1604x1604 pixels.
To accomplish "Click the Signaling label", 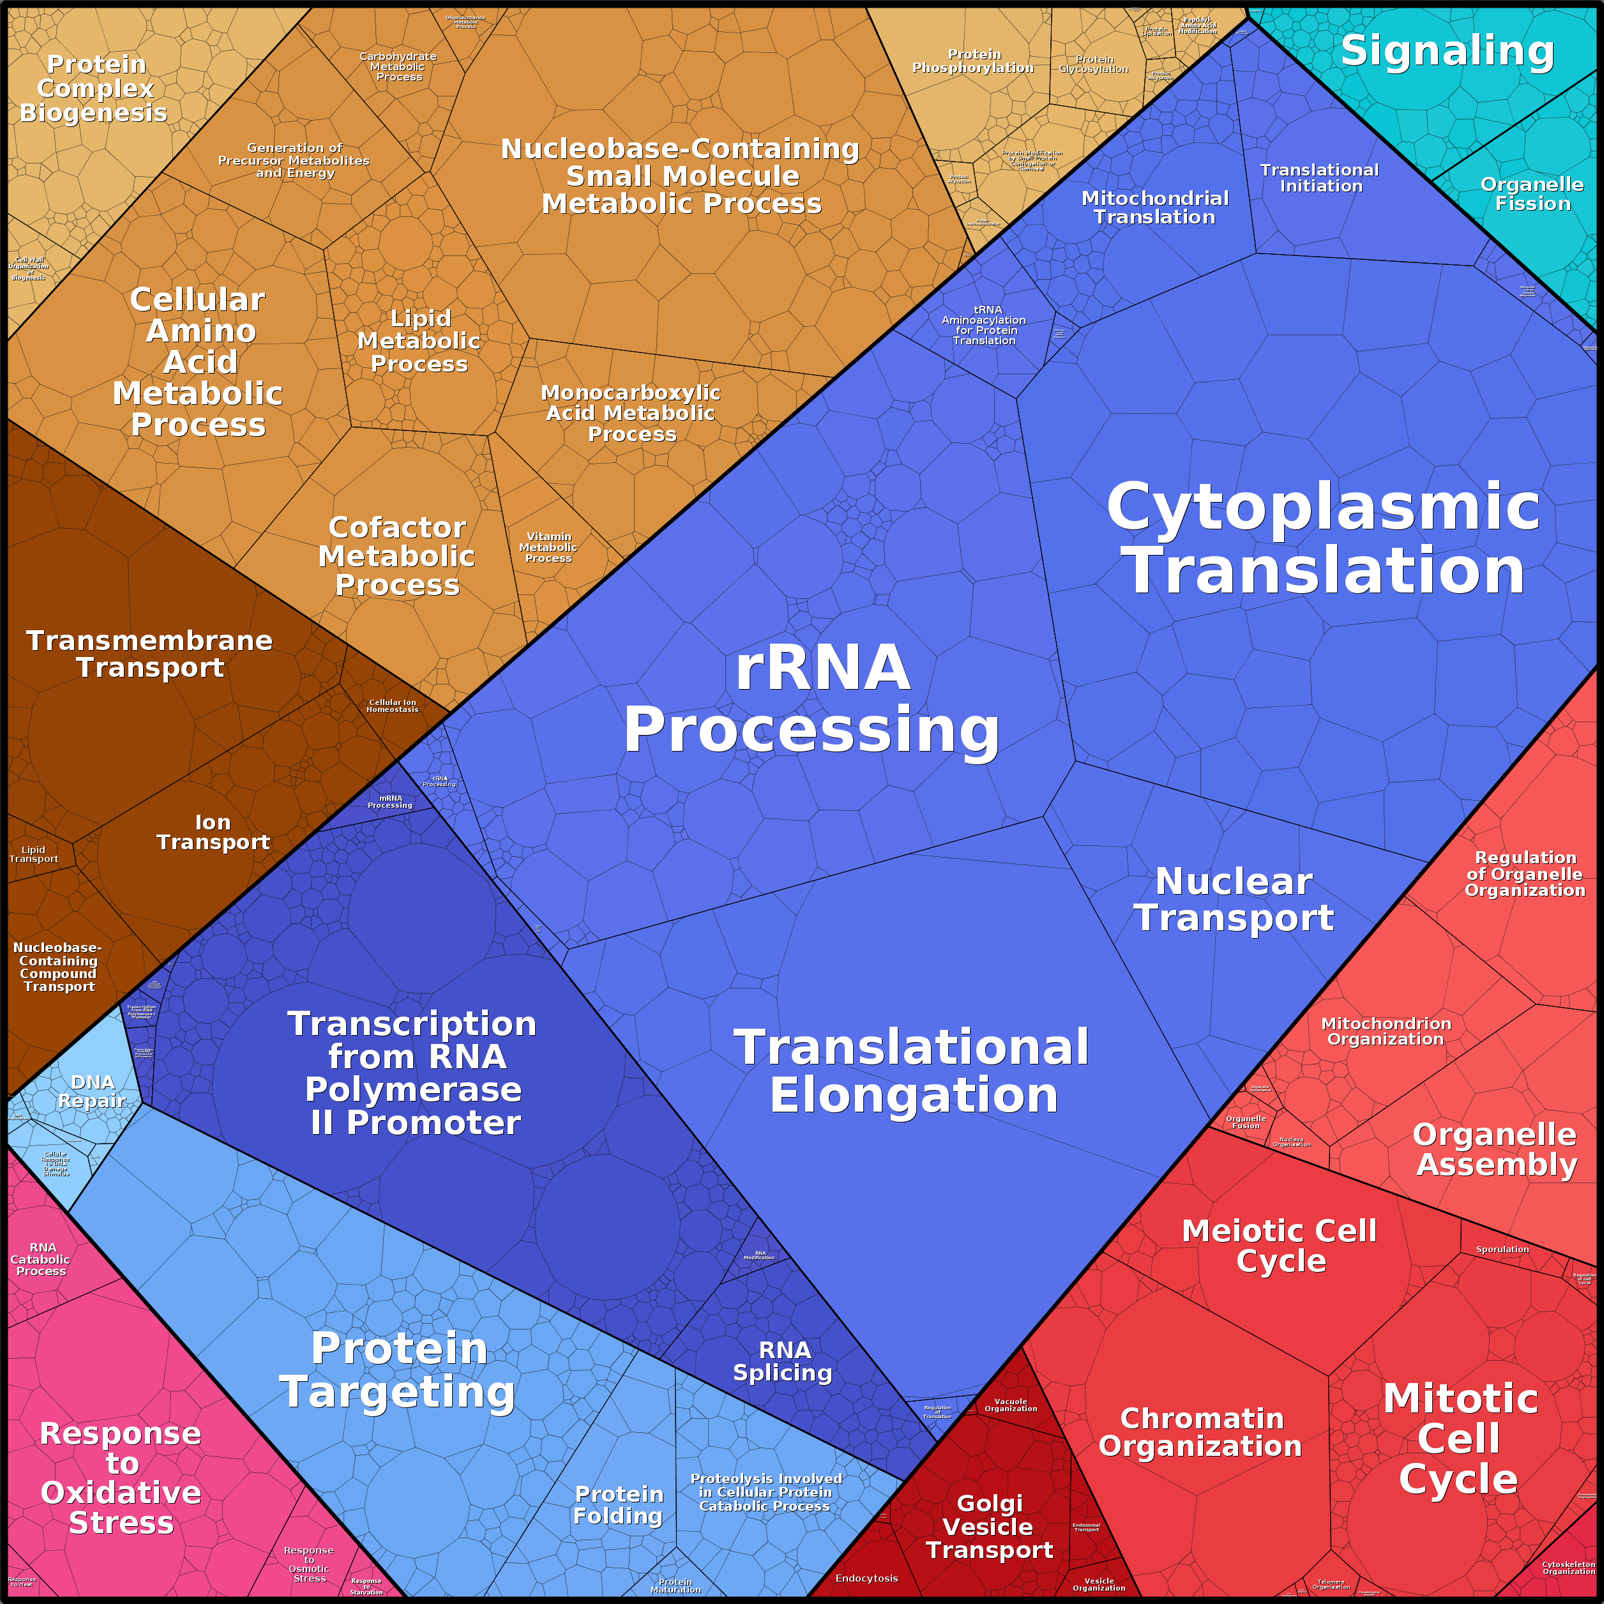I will [x=1447, y=52].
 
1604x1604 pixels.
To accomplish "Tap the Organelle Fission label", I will [x=1532, y=194].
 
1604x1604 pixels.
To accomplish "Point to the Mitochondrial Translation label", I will [x=1154, y=208].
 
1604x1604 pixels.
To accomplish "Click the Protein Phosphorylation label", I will [x=973, y=61].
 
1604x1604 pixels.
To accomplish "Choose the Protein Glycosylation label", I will [x=1093, y=64].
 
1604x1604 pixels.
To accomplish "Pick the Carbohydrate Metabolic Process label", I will [x=398, y=67].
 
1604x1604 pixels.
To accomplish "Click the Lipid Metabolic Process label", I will [x=420, y=341].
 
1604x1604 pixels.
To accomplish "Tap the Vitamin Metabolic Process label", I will [x=548, y=548].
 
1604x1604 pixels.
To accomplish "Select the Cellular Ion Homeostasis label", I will [x=393, y=706].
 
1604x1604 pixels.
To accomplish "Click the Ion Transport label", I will [x=213, y=832].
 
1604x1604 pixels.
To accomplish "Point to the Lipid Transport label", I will [x=34, y=854].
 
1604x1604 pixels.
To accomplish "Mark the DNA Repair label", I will [x=92, y=1092].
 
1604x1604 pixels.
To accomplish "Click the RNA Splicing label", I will [x=783, y=1361].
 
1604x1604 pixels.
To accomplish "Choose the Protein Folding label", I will [x=619, y=1505].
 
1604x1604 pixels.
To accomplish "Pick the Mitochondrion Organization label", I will [x=1386, y=1031].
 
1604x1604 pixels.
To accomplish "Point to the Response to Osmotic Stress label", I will [x=309, y=1564].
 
